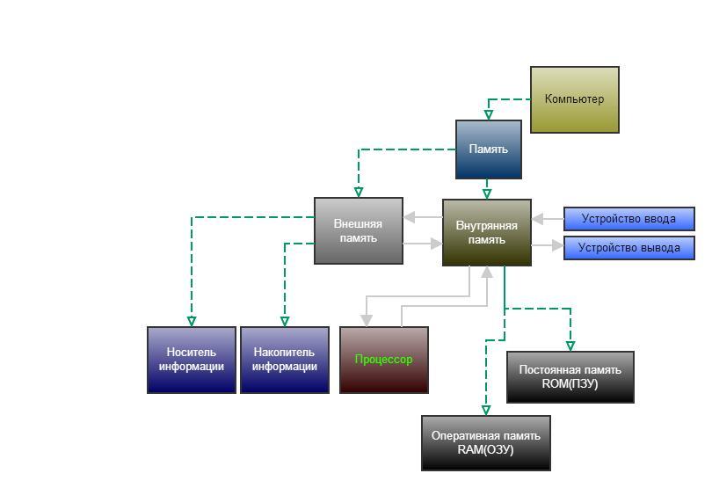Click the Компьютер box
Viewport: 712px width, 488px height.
(575, 99)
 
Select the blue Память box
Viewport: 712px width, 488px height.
(489, 149)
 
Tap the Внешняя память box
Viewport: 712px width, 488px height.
(359, 231)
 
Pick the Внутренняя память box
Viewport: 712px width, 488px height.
(487, 233)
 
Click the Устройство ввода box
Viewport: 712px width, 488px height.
(629, 219)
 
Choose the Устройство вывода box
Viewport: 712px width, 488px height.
(629, 248)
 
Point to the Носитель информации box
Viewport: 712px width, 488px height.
(192, 360)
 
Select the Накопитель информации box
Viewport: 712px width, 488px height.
(285, 360)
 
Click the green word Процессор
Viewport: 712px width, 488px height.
(384, 360)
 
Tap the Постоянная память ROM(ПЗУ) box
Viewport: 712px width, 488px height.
(570, 377)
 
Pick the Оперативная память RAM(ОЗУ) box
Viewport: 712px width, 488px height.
(486, 443)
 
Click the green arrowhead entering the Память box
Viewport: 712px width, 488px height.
(489, 115)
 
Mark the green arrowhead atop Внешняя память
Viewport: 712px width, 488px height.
(359, 193)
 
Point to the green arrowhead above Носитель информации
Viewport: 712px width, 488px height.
(192, 322)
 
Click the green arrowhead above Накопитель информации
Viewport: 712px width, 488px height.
(285, 322)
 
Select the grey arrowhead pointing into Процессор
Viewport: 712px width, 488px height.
(367, 321)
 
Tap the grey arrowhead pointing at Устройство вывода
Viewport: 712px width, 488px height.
(558, 245)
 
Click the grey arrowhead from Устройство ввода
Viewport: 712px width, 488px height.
(537, 219)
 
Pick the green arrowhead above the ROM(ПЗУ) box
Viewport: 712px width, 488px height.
(570, 346)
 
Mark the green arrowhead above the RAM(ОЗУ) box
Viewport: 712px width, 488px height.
(486, 411)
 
